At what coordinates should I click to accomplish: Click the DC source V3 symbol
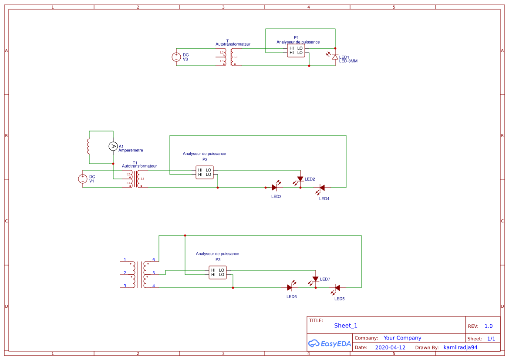pyautogui.click(x=176, y=57)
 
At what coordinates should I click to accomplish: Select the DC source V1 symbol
pyautogui.click(x=83, y=179)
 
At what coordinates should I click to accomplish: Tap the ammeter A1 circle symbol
pyautogui.click(x=113, y=146)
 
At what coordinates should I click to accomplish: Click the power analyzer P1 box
pyautogui.click(x=296, y=50)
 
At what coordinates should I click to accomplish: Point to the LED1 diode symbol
pyautogui.click(x=335, y=57)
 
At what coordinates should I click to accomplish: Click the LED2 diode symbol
pyautogui.click(x=300, y=179)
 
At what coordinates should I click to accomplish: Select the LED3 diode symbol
pyautogui.click(x=274, y=188)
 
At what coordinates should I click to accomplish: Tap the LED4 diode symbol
pyautogui.click(x=322, y=188)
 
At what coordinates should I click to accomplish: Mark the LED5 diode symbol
pyautogui.click(x=337, y=288)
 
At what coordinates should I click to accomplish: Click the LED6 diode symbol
pyautogui.click(x=290, y=288)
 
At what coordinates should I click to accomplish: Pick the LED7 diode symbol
pyautogui.click(x=315, y=279)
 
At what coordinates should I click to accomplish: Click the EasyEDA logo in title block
pyautogui.click(x=330, y=343)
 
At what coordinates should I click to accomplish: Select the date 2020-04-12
pyautogui.click(x=390, y=348)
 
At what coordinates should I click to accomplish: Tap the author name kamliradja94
pyautogui.click(x=460, y=348)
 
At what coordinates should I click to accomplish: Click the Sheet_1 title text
pyautogui.click(x=346, y=326)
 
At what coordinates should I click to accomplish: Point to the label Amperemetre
pyautogui.click(x=131, y=151)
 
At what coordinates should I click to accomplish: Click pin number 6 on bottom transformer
pyautogui.click(x=154, y=260)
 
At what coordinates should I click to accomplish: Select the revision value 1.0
pyautogui.click(x=489, y=326)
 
